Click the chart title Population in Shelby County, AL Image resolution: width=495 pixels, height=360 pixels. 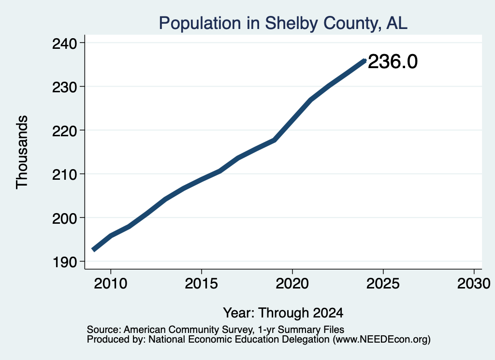click(x=283, y=23)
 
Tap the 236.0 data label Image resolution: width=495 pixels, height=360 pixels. click(x=393, y=61)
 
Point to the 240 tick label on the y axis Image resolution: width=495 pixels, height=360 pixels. click(x=65, y=43)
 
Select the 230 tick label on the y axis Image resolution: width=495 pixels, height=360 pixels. click(x=65, y=87)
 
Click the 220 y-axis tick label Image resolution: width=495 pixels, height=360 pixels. click(x=65, y=131)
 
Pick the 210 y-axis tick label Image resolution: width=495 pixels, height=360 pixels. click(x=65, y=174)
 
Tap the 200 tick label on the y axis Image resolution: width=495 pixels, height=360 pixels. click(x=65, y=218)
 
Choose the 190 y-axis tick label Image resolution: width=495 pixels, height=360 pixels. click(x=65, y=262)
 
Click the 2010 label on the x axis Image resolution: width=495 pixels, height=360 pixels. click(x=111, y=283)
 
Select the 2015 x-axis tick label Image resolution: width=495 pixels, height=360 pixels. click(x=202, y=283)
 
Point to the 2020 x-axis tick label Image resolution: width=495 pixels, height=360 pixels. click(x=292, y=283)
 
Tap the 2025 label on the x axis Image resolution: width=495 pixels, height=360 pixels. click(x=383, y=283)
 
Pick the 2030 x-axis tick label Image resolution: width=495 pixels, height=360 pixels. click(x=474, y=283)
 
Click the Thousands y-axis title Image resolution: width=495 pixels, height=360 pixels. click(x=22, y=152)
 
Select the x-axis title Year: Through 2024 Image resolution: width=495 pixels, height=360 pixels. click(x=283, y=313)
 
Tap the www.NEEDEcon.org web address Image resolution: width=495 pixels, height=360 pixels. click(x=382, y=339)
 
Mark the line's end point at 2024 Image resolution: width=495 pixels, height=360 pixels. click(x=364, y=60)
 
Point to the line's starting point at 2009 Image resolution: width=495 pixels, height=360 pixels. click(x=93, y=249)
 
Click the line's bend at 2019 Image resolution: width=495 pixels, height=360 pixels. click(x=275, y=140)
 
